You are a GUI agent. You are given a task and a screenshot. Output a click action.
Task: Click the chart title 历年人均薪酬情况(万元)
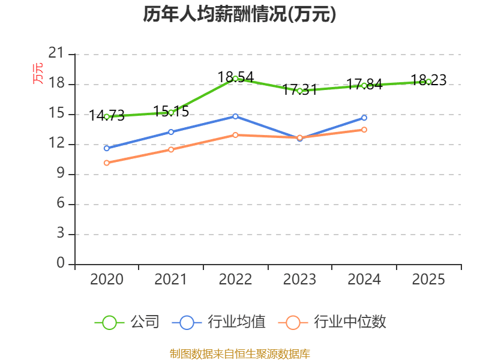239,14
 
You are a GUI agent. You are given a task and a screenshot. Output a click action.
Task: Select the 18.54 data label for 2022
235,77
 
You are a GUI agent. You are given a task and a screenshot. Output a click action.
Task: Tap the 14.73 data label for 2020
106,115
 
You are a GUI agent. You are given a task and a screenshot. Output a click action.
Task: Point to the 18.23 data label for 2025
428,80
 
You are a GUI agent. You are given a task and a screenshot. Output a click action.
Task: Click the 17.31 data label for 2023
299,90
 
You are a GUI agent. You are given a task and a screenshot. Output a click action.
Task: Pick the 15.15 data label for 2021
171,111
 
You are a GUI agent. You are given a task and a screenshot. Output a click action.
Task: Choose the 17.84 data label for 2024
364,85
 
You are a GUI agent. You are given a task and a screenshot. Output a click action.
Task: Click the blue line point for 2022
235,116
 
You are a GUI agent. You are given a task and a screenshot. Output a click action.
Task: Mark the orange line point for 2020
106,163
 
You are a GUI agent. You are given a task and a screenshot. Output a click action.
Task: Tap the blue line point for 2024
364,118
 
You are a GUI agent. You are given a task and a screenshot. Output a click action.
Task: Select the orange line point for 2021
171,149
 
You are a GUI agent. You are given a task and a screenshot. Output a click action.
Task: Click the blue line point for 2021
171,132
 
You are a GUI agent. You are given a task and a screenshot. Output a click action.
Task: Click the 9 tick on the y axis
60,174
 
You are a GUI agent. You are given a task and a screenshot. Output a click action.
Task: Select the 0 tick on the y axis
60,264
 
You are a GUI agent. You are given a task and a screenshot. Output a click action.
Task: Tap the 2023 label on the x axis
299,279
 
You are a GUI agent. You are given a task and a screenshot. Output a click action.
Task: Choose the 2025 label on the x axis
428,279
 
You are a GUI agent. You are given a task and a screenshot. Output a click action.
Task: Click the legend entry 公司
127,322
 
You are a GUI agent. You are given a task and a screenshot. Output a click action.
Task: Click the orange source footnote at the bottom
239,353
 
